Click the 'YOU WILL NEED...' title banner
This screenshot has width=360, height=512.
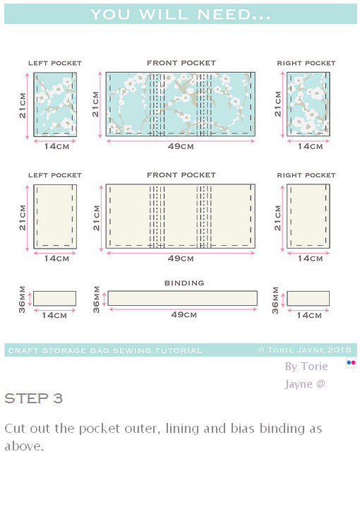[x=180, y=14]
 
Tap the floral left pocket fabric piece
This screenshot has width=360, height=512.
[x=55, y=103]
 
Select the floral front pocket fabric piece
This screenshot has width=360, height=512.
[x=181, y=103]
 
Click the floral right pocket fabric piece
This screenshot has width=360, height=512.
[x=306, y=103]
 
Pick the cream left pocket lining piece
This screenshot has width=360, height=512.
[x=55, y=216]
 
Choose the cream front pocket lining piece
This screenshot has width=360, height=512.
[x=181, y=216]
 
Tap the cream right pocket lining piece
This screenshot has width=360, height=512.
[x=306, y=216]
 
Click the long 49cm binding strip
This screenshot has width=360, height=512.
[x=182, y=298]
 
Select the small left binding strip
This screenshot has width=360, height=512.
[x=55, y=298]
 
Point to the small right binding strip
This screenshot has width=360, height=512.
[x=308, y=298]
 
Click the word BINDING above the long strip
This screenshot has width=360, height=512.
[x=184, y=283]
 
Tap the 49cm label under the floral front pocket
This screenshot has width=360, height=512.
[x=181, y=146]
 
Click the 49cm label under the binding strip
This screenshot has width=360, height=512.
[x=184, y=314]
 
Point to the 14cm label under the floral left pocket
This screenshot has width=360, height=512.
[x=56, y=146]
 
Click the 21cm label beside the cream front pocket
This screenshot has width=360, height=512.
[x=96, y=218]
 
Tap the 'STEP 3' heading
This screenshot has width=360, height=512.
[x=33, y=399]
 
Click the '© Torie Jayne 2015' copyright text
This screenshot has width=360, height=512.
[x=304, y=350]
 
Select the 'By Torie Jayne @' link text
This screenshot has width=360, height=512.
[x=306, y=375]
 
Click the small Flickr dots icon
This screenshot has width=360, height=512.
[x=351, y=362]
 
